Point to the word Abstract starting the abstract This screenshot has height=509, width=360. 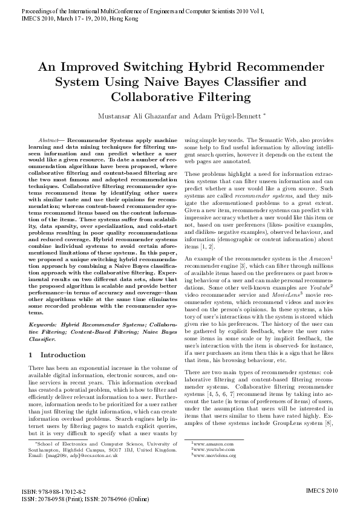[48, 139]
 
